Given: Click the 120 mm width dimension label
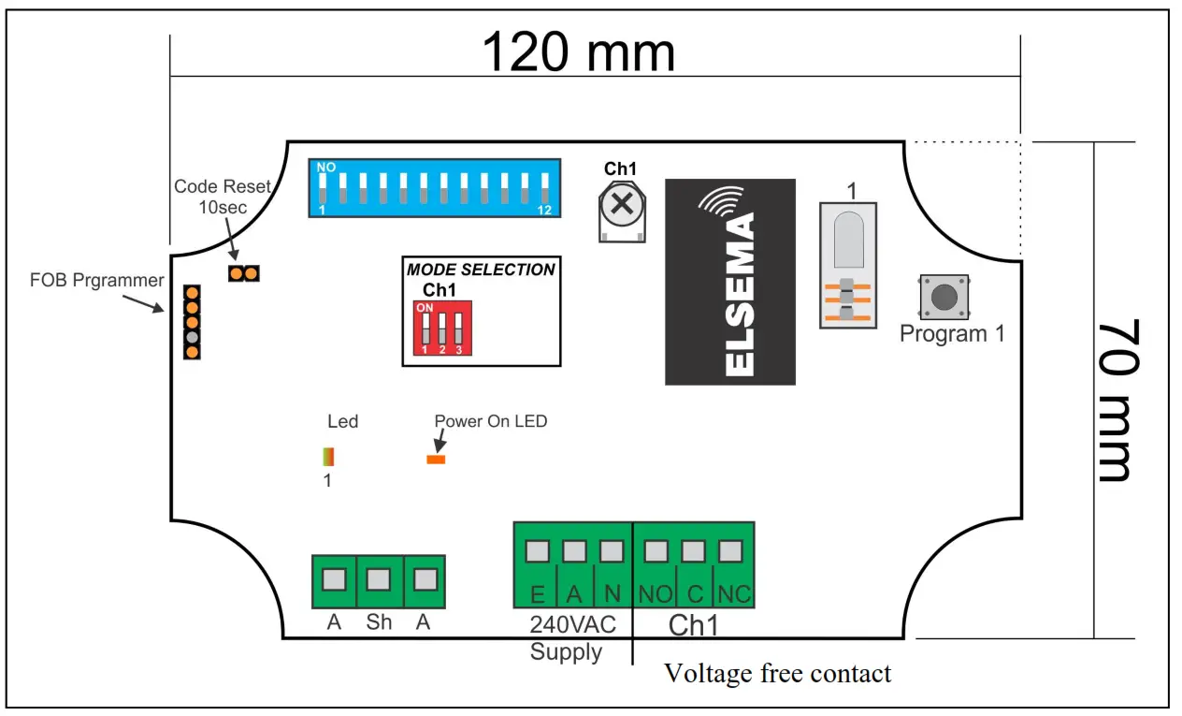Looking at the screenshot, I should [x=578, y=51].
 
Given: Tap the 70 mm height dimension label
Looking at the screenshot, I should [x=1114, y=401].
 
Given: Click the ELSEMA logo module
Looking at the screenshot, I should [x=729, y=282].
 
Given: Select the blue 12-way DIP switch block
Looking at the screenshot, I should [x=435, y=187].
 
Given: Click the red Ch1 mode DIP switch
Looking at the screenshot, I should [x=442, y=328].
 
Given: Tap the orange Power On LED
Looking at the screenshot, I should [x=436, y=459].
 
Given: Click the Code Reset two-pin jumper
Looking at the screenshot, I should [x=243, y=273].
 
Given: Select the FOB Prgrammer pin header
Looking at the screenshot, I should [x=192, y=322].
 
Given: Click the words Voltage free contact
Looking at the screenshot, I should [x=777, y=673].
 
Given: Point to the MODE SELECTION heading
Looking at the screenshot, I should [x=481, y=270].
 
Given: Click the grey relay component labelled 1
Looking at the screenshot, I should [x=848, y=265].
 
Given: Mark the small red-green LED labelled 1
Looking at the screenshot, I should [x=328, y=457].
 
